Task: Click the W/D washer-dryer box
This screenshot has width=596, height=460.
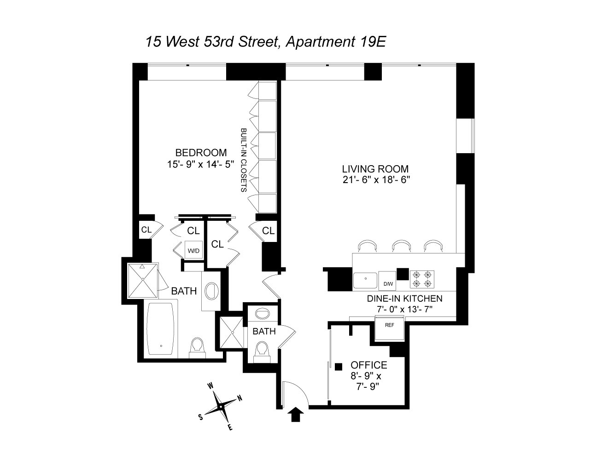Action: tap(193, 249)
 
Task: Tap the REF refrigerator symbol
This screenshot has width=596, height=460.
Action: tap(390, 328)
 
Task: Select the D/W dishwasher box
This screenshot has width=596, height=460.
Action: tap(387, 281)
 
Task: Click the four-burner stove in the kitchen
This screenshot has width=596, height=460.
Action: tap(422, 279)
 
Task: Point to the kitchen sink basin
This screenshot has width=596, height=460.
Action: tap(365, 281)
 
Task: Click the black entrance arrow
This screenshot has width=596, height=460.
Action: tap(295, 414)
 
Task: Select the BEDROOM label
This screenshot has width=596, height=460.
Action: tap(201, 153)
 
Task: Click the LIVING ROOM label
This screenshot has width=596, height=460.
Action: tap(375, 169)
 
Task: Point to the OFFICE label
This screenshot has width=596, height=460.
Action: tap(369, 365)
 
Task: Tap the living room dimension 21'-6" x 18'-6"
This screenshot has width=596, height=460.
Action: tap(376, 180)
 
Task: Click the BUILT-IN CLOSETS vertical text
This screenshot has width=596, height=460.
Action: tap(244, 160)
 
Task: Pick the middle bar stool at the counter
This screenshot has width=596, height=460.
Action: tap(401, 246)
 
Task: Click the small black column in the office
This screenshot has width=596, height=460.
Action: tap(339, 367)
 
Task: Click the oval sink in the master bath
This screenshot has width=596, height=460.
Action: tap(212, 291)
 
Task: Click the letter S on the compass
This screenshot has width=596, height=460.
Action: tap(201, 417)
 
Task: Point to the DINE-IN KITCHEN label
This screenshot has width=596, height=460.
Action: tap(404, 299)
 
